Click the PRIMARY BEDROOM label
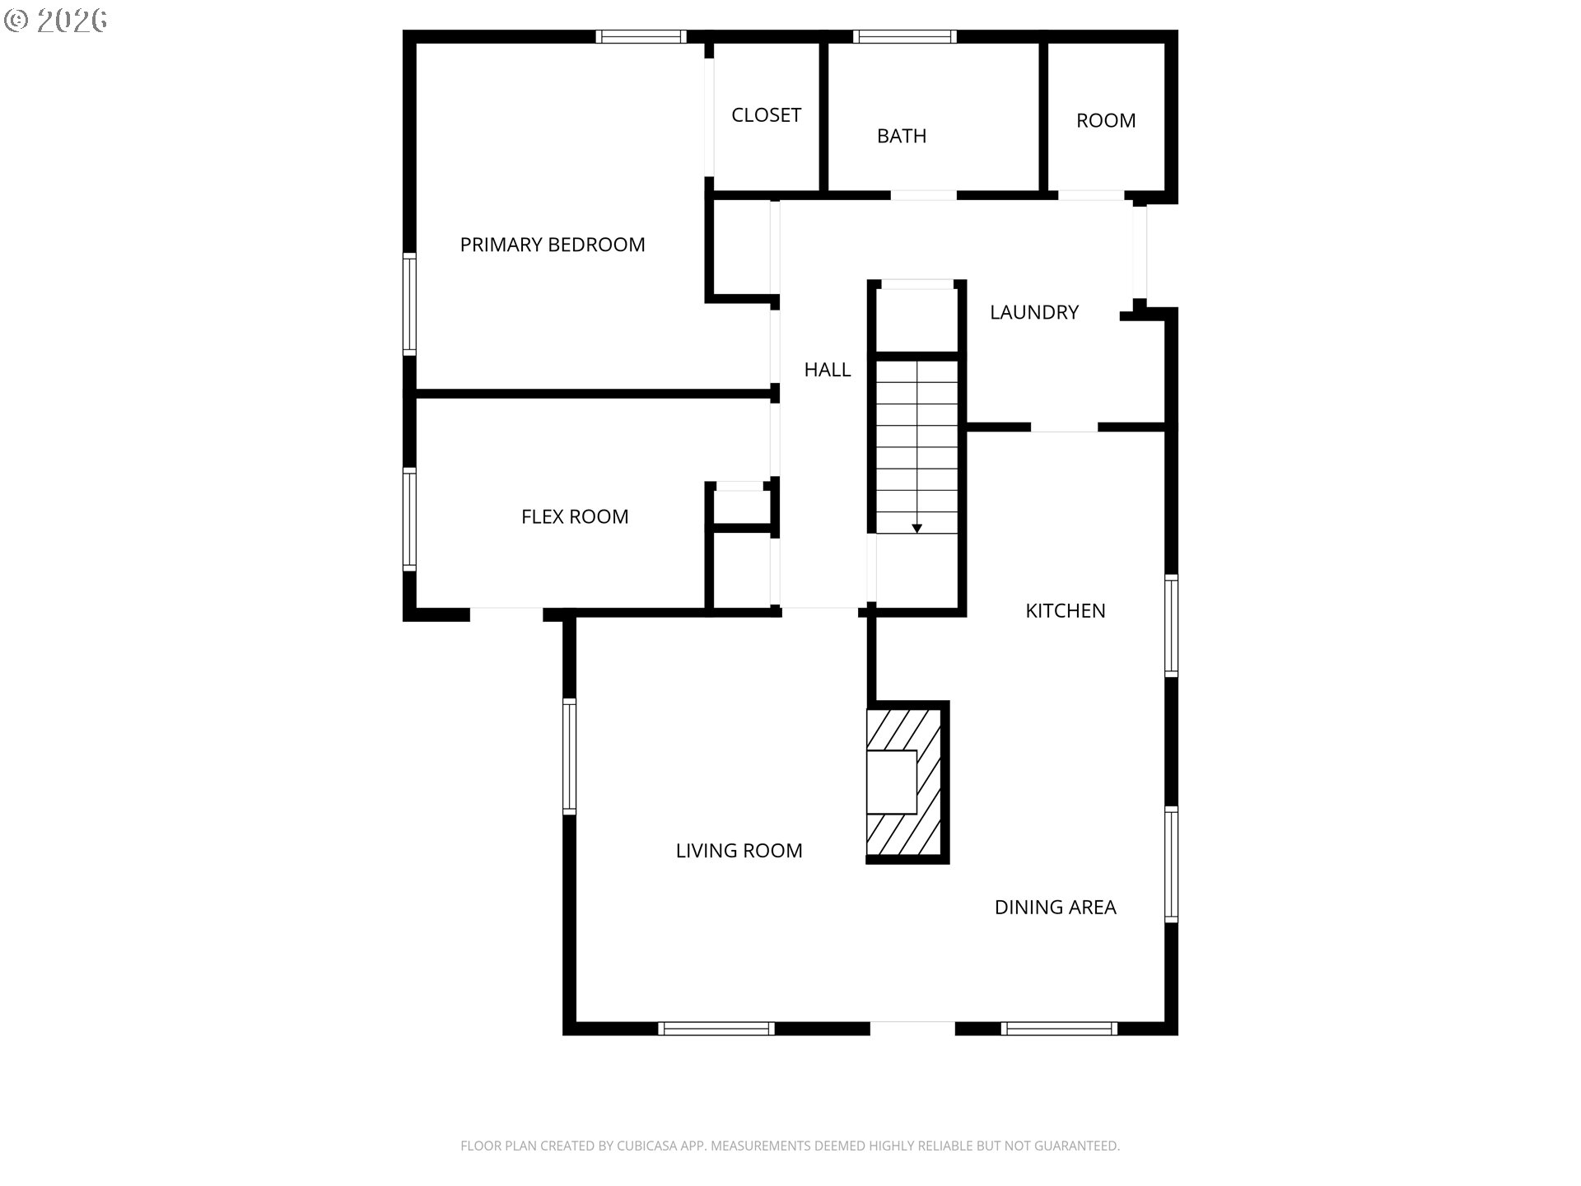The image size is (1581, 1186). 553,245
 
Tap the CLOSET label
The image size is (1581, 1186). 766,115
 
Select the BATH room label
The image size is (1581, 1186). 902,136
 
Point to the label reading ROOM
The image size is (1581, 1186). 1106,120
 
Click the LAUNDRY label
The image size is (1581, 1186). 1034,312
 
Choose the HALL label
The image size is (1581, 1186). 828,370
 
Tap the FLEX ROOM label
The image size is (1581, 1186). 575,516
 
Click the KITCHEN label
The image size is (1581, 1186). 1066,610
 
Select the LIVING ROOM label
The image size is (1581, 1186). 739,851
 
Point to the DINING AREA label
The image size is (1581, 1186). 1056,907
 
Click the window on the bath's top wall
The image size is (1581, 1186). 904,36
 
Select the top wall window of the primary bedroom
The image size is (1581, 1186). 641,36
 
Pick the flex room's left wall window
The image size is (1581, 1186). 409,519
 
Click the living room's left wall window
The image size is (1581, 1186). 569,756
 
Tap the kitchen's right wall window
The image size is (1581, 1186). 1171,625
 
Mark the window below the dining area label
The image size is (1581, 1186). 1059,1029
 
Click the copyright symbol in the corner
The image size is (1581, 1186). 16,21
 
